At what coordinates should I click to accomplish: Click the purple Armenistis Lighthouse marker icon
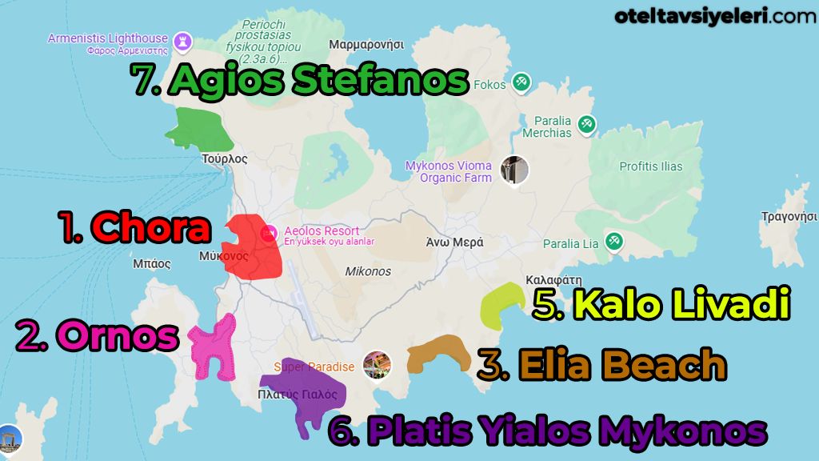[183, 40]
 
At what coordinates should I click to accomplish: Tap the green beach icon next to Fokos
[521, 82]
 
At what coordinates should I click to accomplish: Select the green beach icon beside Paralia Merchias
[587, 124]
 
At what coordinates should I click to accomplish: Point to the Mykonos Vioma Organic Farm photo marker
[514, 170]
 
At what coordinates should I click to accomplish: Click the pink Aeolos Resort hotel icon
[270, 232]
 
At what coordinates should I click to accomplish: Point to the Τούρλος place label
[225, 158]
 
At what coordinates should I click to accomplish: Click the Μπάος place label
[153, 263]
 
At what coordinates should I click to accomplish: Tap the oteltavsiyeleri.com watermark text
[716, 15]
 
